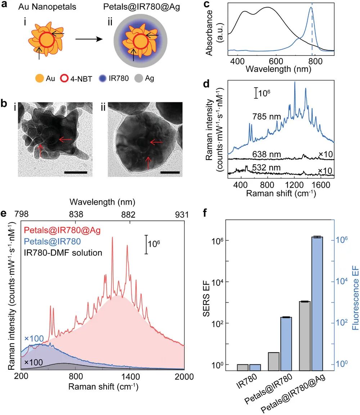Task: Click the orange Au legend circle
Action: tap(40, 78)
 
